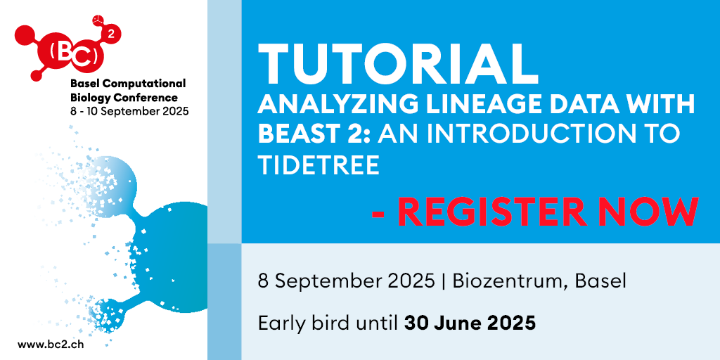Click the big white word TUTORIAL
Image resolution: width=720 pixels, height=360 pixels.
(x=398, y=63)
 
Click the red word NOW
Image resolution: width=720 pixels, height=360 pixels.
(x=649, y=212)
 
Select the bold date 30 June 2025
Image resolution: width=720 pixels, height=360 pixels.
(x=470, y=323)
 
